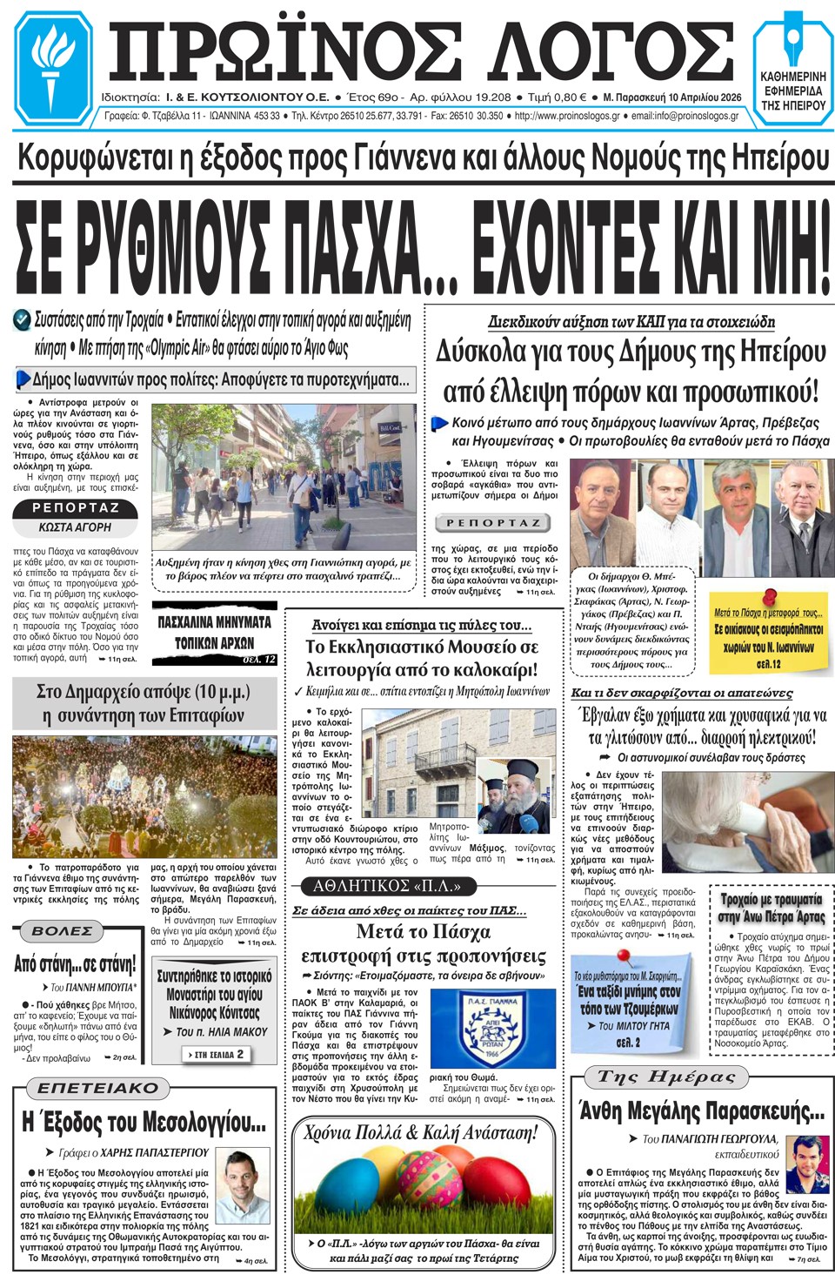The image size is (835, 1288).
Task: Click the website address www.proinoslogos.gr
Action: point(567,116)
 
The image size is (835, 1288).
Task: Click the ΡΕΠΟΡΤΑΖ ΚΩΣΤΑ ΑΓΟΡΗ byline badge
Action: point(75,517)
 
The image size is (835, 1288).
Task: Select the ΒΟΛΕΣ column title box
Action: point(62,931)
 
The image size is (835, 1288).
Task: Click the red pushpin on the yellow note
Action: point(770,598)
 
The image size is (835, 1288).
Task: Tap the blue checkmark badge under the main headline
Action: point(23,320)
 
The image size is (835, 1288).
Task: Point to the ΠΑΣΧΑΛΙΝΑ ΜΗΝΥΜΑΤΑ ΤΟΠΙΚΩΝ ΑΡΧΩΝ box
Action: point(214,633)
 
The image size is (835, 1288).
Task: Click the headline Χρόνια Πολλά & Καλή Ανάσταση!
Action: point(421,1132)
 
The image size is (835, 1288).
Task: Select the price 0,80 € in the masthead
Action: point(570,97)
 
